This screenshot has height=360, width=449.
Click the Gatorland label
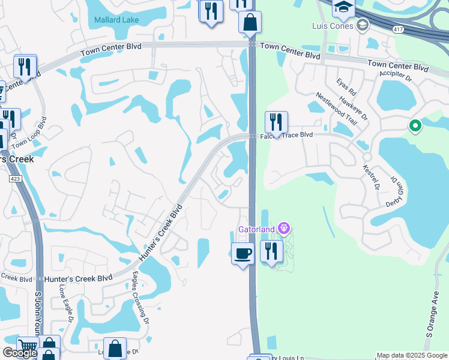[x=256, y=229]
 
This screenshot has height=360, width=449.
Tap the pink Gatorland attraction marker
[x=284, y=228]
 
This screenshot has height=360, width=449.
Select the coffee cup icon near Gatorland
[x=243, y=254]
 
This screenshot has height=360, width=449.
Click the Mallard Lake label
[x=116, y=20]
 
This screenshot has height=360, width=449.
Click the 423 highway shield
[x=14, y=179]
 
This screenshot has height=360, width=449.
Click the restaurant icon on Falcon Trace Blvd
[x=276, y=122]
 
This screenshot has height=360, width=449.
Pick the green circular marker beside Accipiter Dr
[x=414, y=126]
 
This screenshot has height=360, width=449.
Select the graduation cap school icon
[x=344, y=8]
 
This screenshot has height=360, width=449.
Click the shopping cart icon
[x=28, y=346]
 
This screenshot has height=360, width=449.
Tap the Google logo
[x=20, y=352]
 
